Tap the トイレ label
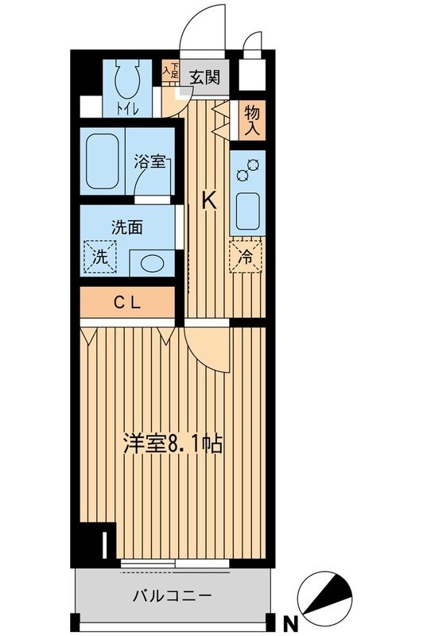tap(128, 108)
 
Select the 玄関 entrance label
tap(205, 76)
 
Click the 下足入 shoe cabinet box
tap(171, 70)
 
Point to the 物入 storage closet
tap(252, 120)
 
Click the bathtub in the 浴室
tap(103, 161)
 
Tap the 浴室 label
tap(149, 161)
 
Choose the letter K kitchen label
tap(209, 201)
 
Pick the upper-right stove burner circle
tap(254, 165)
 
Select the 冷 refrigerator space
tap(246, 257)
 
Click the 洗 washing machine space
tap(100, 257)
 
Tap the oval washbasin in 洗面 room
tap(153, 263)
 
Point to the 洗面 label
tap(127, 227)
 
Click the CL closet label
tap(127, 302)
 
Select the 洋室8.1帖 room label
tap(173, 444)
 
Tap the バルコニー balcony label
tap(173, 595)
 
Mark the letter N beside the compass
tap(290, 622)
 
